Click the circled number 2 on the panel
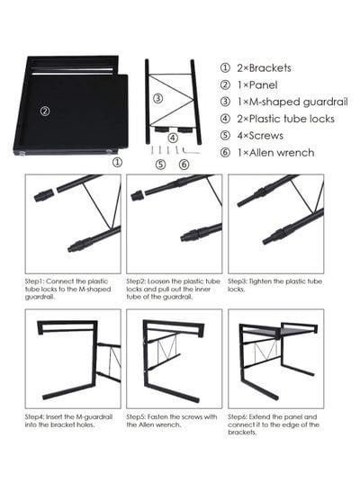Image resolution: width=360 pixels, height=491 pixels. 45,111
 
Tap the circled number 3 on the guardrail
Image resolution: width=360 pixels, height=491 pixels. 157,98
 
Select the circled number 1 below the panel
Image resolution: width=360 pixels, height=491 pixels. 117,162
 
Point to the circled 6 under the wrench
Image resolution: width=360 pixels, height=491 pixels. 184,165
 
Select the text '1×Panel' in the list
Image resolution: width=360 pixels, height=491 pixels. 257,85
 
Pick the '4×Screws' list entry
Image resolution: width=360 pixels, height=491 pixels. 260,136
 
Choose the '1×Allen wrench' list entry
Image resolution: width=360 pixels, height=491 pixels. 275,153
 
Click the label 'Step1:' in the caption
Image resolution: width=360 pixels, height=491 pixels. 34,281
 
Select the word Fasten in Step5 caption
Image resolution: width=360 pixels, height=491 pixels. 157,416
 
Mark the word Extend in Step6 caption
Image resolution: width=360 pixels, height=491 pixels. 259,416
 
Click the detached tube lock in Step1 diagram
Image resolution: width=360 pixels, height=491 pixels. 44,194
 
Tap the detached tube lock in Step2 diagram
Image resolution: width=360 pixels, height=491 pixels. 138,195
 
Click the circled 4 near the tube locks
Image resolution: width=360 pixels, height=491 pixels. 173,138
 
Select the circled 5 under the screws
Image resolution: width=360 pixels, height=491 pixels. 160,165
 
